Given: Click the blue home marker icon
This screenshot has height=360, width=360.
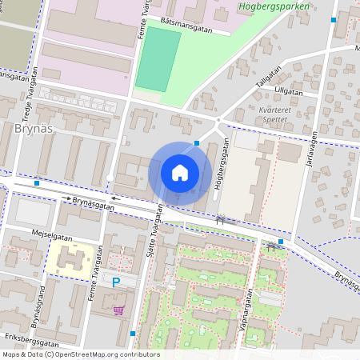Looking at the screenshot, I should coord(180,173).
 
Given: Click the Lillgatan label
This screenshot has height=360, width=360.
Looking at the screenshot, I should coord(289,92).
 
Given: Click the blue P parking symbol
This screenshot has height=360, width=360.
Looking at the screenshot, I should coord(116,282).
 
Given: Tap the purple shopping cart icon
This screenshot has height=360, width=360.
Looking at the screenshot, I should coord(119,310).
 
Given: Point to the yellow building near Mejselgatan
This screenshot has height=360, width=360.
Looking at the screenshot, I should coord(69,261).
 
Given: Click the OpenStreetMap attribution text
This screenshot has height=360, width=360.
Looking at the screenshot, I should coord(80,354).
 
